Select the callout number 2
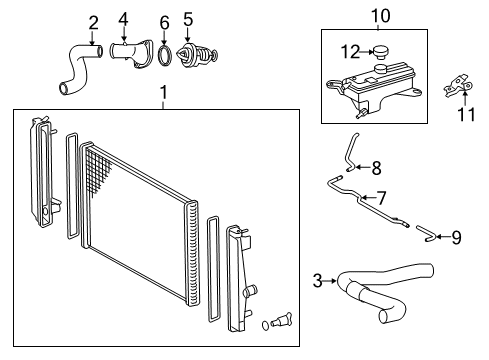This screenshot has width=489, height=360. click(93, 22)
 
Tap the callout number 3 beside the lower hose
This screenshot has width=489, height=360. click(318, 281)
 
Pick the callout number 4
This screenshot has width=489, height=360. click(124, 18)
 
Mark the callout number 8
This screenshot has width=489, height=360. click(376, 167)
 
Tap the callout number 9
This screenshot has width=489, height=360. click(456, 237)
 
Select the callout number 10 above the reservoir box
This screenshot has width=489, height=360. click(380, 15)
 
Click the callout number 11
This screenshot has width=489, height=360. click(462, 116)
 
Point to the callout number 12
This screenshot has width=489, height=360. click(349, 51)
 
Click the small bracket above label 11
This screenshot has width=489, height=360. click(458, 86)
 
